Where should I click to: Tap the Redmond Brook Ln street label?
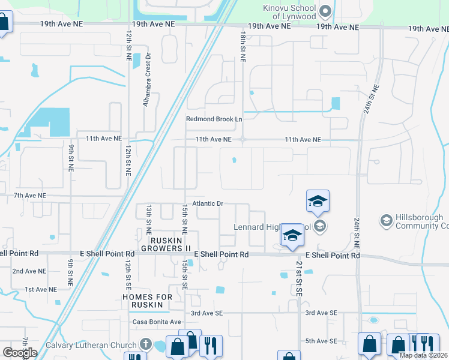point(214,119)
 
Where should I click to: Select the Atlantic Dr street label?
point(208,204)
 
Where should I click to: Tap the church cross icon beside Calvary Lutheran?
point(145,344)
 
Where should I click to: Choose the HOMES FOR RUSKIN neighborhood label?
point(147,301)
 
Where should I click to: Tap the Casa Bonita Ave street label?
point(157,322)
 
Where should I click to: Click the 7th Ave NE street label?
point(30,196)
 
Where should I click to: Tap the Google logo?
point(20,353)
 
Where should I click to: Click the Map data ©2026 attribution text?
point(423,355)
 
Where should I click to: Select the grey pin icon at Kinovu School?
point(326,10)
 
